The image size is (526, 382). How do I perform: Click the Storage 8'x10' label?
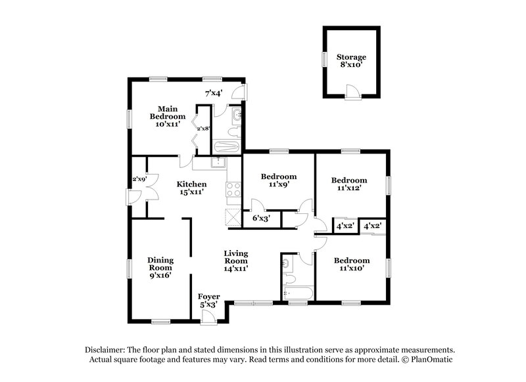point(351,61)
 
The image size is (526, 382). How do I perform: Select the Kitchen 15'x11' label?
point(191,189)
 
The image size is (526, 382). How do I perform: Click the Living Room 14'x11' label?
point(235,260)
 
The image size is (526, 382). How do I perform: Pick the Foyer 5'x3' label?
point(209,300)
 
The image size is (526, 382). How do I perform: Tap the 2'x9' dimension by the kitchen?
point(139,179)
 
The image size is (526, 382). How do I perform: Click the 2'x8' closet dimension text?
point(203,129)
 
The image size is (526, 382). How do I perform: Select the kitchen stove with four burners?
point(234,190)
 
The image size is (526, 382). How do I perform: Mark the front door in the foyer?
point(209,317)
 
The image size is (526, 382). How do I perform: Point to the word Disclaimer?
point(106,349)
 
